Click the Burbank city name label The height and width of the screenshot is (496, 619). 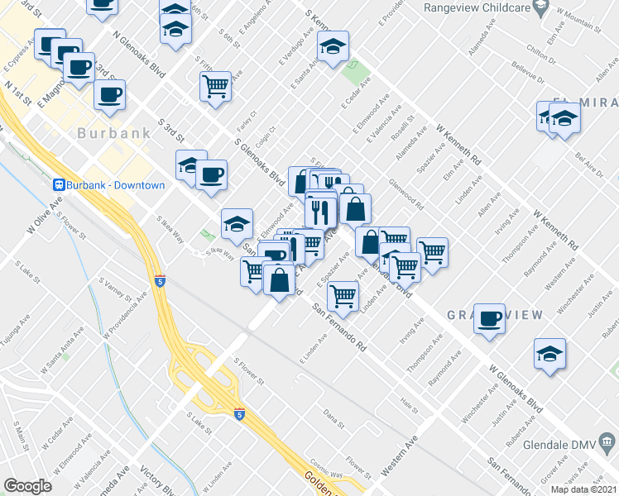point(114,132)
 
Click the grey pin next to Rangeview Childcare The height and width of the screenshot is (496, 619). point(540,8)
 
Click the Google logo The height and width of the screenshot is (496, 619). point(27,486)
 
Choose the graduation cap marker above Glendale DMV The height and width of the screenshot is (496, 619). point(549,353)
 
